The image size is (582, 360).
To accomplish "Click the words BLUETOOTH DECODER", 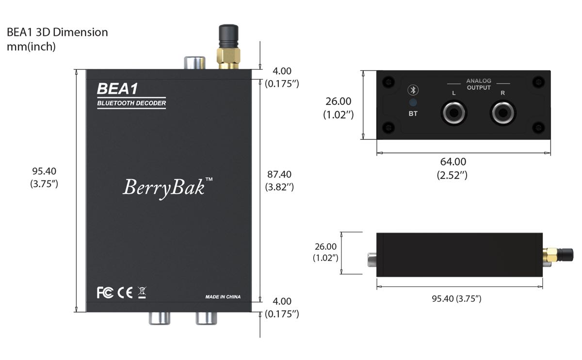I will [x=131, y=103].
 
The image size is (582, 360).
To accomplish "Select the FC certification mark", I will [x=105, y=293].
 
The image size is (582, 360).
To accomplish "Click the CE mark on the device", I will [x=125, y=293].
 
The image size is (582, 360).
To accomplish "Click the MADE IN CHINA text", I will [x=223, y=297].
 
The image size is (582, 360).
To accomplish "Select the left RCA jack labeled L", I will [x=453, y=113].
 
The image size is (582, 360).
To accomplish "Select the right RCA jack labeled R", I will [x=502, y=113].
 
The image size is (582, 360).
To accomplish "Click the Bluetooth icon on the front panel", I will [x=413, y=90].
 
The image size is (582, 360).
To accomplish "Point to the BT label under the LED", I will [x=413, y=114].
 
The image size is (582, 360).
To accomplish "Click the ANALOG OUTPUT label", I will [x=479, y=84].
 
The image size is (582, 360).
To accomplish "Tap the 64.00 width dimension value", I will [x=452, y=162].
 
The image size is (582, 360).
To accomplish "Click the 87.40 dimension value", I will [x=279, y=174].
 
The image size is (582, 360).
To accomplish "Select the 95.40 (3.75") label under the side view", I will [x=456, y=298].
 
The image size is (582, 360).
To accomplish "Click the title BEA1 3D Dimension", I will [x=57, y=33].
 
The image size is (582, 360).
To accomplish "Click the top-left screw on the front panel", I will [x=387, y=81].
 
